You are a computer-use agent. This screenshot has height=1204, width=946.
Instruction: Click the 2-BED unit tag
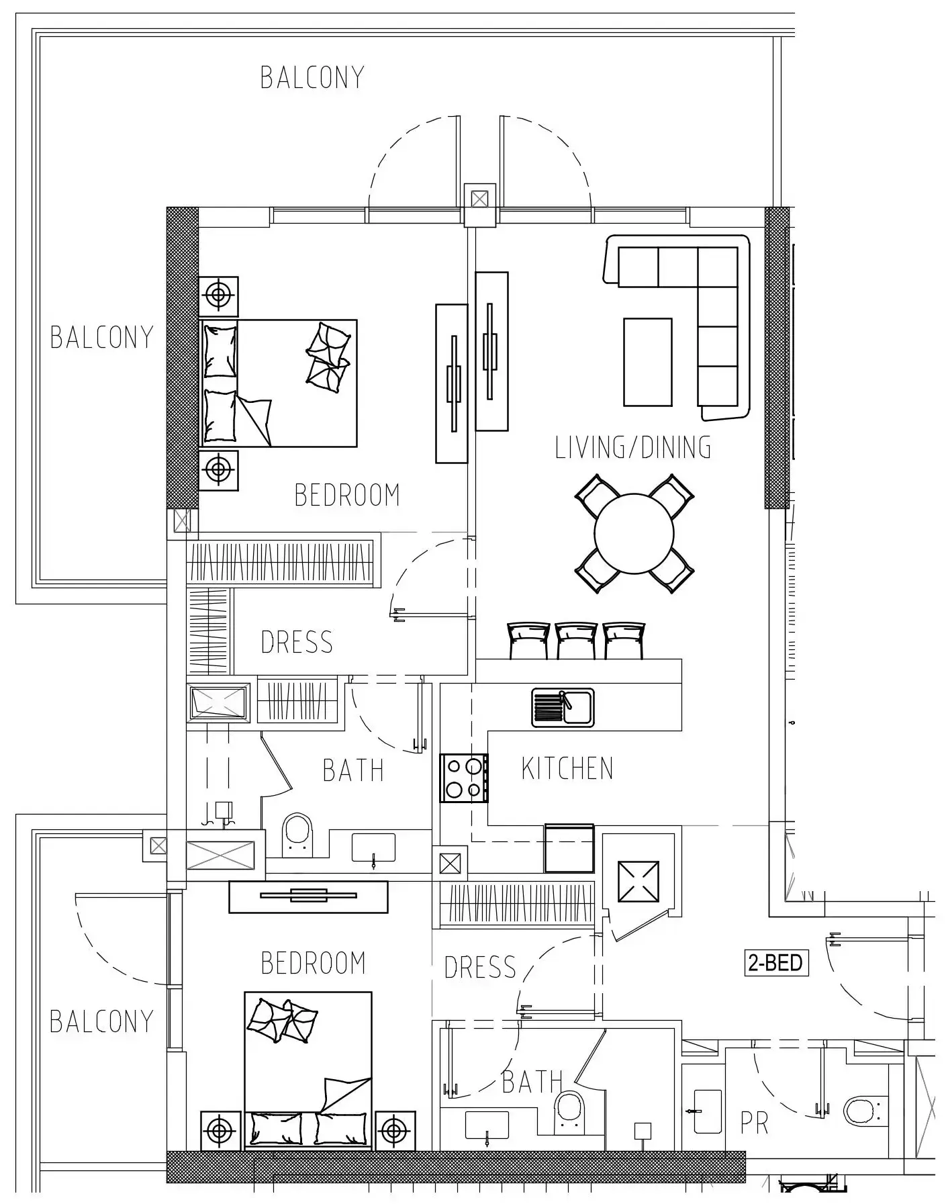coord(775,963)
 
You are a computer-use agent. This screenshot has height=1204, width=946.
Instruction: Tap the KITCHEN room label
coord(567,769)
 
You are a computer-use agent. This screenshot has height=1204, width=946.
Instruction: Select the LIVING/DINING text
coord(633,447)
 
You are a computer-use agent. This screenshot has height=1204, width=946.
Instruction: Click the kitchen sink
coord(563,707)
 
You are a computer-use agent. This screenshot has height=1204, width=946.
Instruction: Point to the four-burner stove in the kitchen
coord(464,778)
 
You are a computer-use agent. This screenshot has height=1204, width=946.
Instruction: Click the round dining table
coord(634,533)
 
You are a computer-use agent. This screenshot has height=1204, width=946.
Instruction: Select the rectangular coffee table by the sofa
coord(647,363)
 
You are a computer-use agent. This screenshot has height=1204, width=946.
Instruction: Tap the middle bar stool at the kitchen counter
coord(576,640)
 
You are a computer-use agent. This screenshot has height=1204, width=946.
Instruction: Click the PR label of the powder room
coord(754,1123)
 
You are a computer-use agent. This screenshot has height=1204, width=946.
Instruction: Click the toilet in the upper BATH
coord(298,834)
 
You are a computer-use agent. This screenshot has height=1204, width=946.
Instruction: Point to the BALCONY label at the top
coord(312,77)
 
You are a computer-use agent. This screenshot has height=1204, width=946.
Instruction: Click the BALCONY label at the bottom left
coord(101,1021)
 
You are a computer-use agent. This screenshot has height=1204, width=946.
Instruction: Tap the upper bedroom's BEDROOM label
coord(347,495)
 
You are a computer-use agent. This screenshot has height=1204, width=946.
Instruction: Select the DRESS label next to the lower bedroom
coord(480,968)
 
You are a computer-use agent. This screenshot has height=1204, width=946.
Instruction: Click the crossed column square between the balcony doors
coord(479,199)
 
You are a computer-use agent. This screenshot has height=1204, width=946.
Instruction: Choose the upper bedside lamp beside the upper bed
coord(218,295)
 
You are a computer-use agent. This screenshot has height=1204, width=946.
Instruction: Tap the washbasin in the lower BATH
coord(487,1125)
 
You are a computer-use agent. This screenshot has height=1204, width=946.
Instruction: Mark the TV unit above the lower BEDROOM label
coord(308,896)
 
